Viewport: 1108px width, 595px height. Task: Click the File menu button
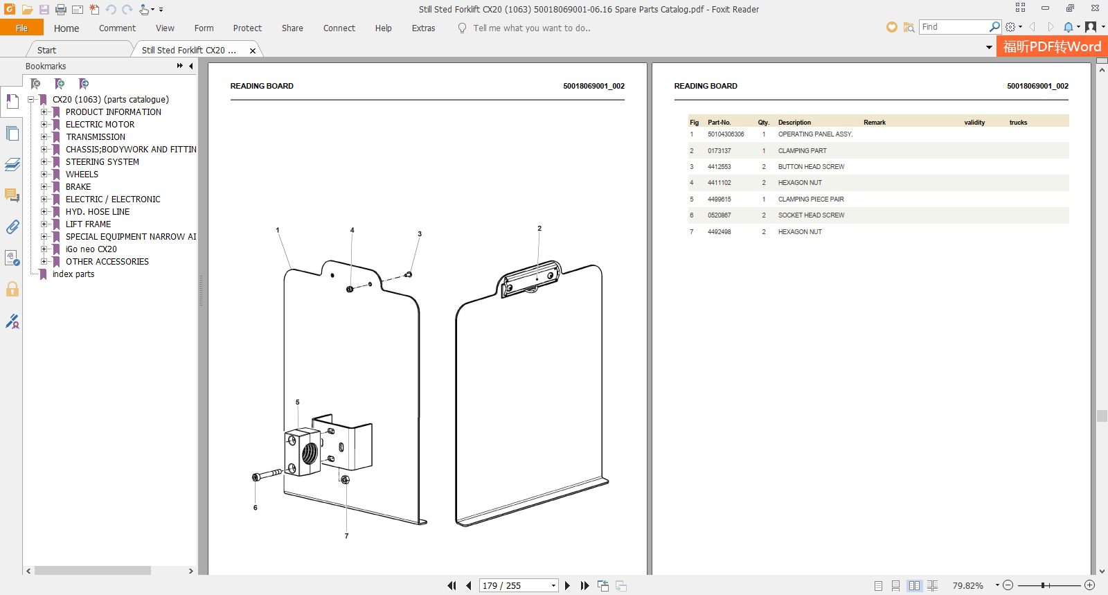(21, 28)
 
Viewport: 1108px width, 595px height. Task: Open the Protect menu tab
(247, 28)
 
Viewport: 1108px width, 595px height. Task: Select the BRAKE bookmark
(78, 186)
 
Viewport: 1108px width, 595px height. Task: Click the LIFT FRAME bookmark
(88, 224)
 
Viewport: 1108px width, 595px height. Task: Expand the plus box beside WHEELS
(44, 174)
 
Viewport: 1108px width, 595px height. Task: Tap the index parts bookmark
(73, 274)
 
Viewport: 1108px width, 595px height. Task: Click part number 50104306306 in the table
(726, 134)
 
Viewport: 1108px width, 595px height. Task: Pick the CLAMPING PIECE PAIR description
(811, 199)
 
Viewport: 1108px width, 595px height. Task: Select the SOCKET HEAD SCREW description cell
(811, 215)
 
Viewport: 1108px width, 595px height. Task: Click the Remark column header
(875, 122)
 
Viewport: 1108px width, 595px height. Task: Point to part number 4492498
(720, 231)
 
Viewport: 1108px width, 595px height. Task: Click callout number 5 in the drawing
(297, 402)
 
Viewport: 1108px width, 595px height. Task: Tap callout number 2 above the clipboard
(539, 229)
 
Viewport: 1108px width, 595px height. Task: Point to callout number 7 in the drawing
(346, 535)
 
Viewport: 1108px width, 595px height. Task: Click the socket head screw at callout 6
(267, 474)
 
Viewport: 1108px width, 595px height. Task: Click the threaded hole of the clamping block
(310, 452)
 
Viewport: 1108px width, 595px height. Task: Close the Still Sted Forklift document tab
(253, 51)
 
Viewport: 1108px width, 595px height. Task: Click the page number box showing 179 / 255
(519, 585)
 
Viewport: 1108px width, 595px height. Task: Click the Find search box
(955, 27)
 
